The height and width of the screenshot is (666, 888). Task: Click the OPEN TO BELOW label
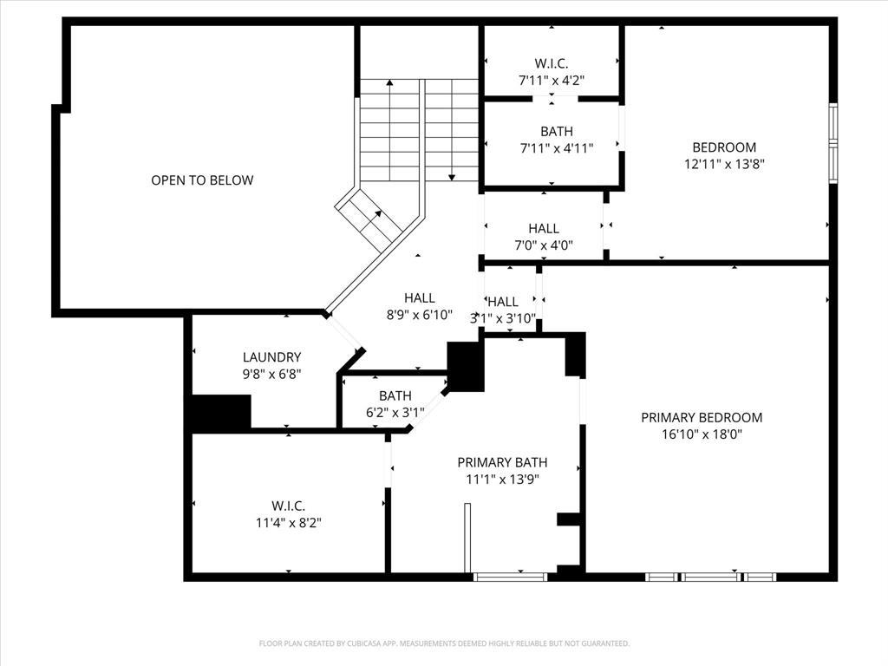coord(202,180)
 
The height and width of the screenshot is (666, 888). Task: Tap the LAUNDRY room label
coord(271,357)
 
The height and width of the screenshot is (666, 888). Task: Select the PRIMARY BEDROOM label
coord(702,417)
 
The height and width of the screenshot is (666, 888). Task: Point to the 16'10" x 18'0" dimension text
coord(702,434)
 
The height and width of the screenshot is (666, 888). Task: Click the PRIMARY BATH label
coord(502,462)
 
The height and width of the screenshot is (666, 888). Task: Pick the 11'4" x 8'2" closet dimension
coord(288,522)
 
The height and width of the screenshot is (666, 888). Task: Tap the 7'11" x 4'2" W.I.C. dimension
coord(552,81)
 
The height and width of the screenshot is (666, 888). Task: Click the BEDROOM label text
coord(724,147)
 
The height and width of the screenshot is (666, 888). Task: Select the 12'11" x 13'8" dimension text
coord(724,164)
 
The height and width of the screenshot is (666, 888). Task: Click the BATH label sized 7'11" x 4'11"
coord(557,132)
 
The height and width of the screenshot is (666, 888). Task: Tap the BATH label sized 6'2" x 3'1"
coord(395,395)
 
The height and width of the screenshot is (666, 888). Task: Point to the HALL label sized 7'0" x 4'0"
coord(544,229)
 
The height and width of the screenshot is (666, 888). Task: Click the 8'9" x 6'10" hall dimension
coord(420,315)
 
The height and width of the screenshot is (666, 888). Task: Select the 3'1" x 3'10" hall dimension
coord(503,318)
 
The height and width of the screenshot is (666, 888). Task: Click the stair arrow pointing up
coord(389,130)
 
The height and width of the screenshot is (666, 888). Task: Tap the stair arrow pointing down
coord(451,130)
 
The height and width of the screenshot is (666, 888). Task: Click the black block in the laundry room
coord(221,412)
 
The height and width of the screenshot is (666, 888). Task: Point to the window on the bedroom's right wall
coord(833,144)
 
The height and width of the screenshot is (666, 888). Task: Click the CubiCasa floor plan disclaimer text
coord(444,643)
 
